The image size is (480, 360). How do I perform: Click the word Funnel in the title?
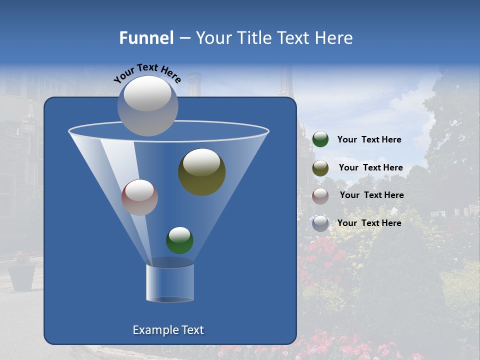pos(146,38)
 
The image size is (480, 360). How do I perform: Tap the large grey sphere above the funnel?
pos(147,106)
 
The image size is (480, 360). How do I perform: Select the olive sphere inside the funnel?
pos(202,172)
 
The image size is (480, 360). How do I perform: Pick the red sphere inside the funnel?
pos(139,197)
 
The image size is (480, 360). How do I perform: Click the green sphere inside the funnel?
pos(179,240)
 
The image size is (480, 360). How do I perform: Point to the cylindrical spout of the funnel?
pos(170,282)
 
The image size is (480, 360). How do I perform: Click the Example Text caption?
pos(168,330)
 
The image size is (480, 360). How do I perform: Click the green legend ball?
pos(320,139)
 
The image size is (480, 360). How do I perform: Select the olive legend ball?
pos(320,168)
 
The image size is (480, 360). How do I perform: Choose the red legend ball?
pos(320,196)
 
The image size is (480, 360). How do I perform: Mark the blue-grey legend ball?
pos(320,223)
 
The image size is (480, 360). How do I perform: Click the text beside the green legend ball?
pos(369,139)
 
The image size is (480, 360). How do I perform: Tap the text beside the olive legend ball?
pos(370,167)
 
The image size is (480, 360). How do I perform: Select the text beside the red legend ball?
pos(371,195)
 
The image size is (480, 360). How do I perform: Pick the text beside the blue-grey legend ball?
pos(369,223)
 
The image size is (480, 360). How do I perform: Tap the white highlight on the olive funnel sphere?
pos(201,162)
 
